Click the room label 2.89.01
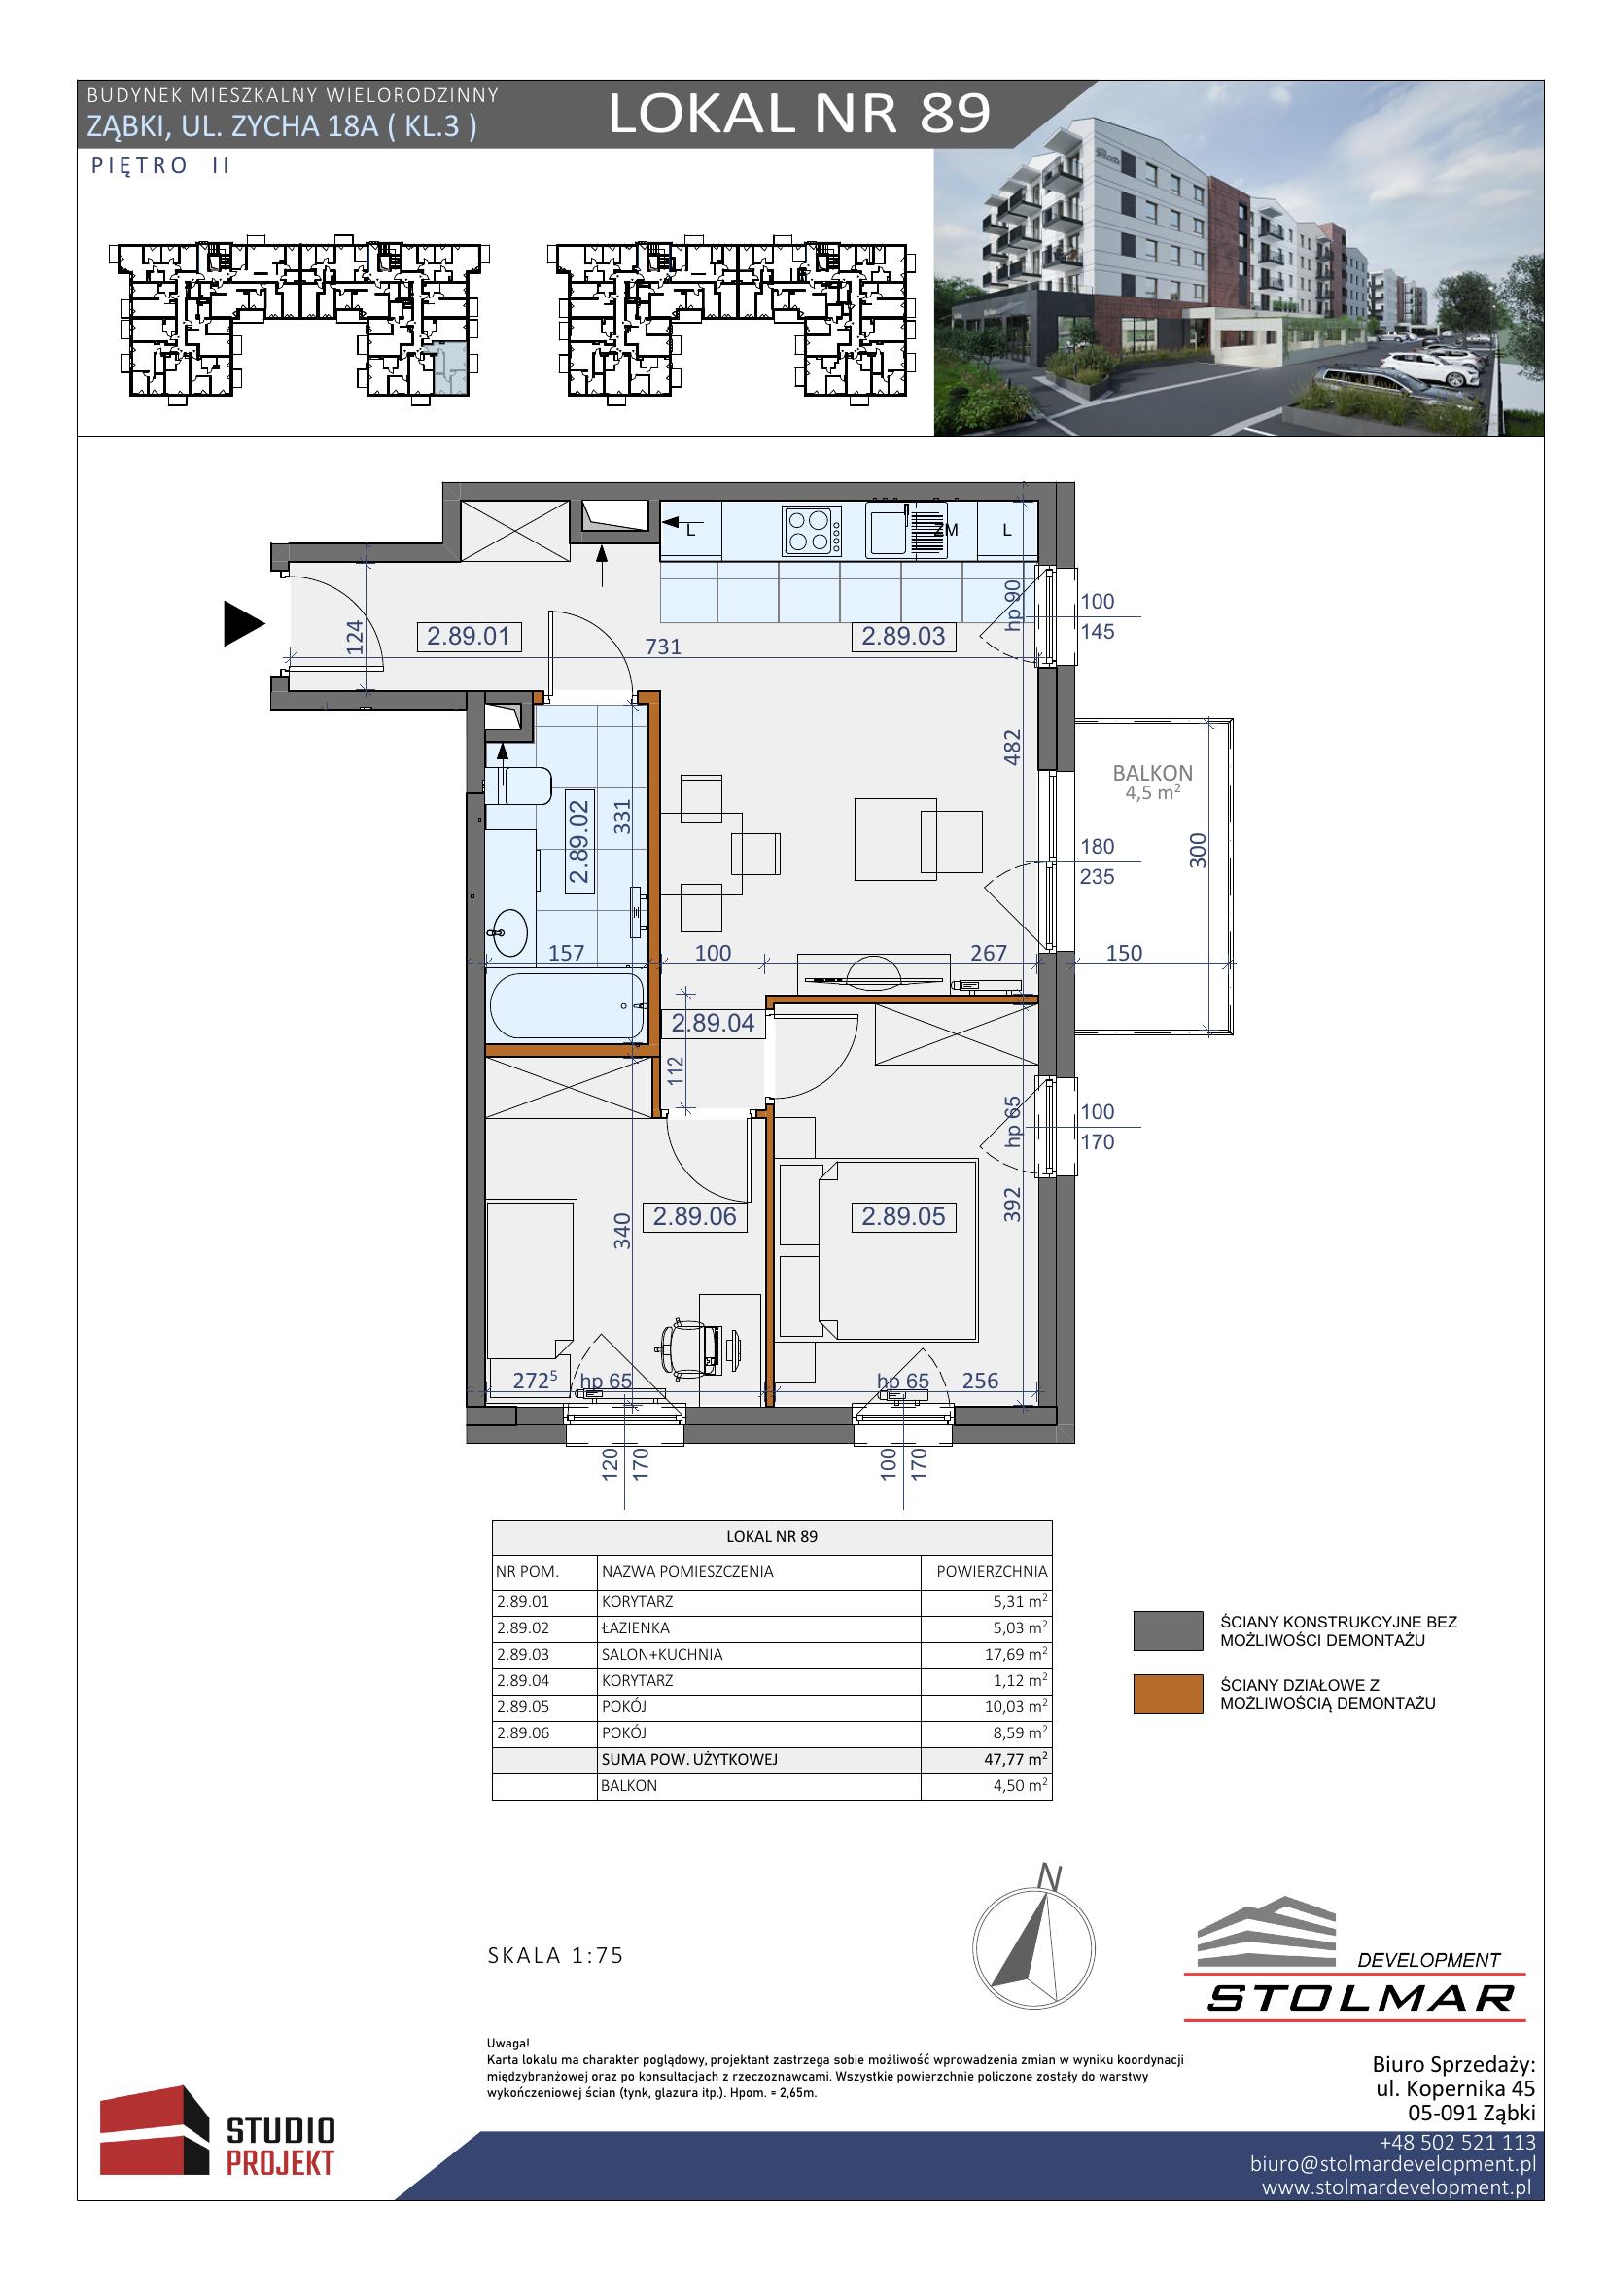pos(469,636)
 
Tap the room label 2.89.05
pos(903,1216)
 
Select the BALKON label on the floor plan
pos(1153,773)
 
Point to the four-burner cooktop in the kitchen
pos(812,531)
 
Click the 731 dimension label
pos(663,647)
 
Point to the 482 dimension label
pos(1012,747)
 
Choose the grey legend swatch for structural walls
pos(1169,1631)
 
